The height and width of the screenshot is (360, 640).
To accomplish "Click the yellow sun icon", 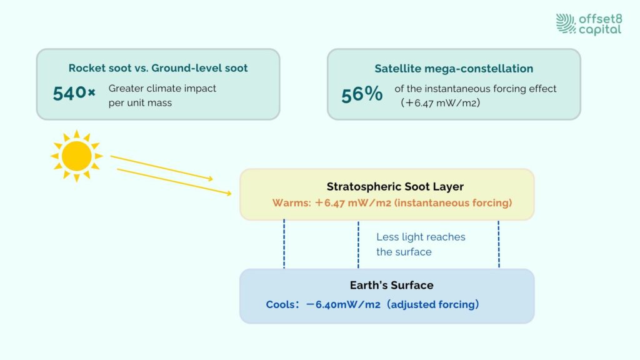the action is click(76, 156).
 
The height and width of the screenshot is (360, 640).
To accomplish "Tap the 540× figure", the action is click(74, 94).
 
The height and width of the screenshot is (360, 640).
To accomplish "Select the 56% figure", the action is click(362, 94).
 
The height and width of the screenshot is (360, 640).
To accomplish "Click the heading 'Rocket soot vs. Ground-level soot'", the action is click(158, 67).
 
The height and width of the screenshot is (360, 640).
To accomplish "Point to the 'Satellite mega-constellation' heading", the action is click(454, 69).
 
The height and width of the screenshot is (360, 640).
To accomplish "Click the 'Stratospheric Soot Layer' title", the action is click(395, 186).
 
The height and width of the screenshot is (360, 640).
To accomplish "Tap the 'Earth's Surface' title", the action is click(391, 285).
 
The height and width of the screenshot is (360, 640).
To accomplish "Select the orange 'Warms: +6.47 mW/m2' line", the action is click(392, 203).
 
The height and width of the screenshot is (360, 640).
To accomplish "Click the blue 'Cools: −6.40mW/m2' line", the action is click(372, 304).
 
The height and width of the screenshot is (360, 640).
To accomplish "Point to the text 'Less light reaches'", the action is click(421, 237).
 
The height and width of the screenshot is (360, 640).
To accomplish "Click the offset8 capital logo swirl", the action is click(566, 24).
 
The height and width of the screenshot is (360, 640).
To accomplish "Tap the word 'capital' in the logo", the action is click(600, 30).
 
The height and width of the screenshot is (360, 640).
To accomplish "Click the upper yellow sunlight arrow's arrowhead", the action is click(210, 178).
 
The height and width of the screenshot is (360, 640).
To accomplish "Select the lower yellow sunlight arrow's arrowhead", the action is click(229, 193).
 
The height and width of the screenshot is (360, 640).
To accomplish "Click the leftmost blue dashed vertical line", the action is click(284, 244).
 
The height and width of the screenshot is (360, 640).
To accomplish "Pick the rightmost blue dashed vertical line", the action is click(499, 244).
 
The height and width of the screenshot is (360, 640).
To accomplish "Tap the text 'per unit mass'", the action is click(140, 103).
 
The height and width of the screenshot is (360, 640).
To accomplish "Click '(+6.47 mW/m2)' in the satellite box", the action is click(441, 103).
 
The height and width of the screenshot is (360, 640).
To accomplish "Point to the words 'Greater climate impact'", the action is click(162, 89).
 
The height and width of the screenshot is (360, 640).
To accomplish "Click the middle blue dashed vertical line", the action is click(358, 244).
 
